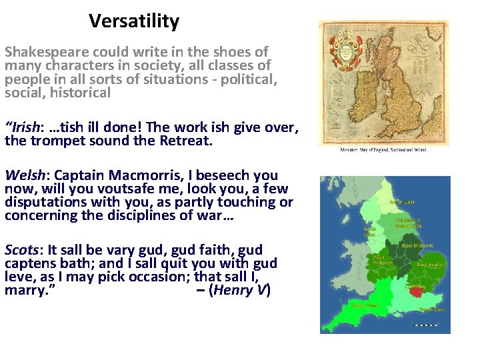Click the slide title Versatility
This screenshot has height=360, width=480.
coord(134,21)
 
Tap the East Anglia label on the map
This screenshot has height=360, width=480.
coord(431,265)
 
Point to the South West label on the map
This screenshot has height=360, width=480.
coord(365,305)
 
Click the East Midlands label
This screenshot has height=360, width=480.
coord(418,246)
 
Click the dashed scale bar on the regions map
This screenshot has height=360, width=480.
coord(425,325)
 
